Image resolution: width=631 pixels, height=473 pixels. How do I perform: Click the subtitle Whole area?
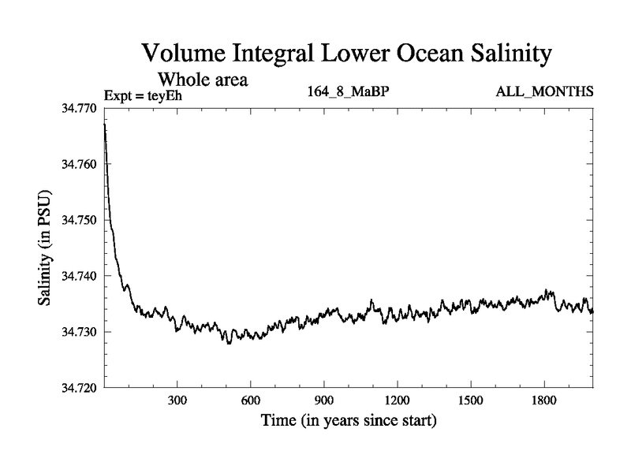point(204,79)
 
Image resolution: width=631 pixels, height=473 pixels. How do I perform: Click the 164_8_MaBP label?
point(348,92)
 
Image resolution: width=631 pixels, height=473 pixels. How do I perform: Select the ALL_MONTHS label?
point(544,92)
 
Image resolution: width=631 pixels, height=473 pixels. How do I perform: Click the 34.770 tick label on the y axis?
point(80,108)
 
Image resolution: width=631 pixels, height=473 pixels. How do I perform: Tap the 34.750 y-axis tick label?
point(80,220)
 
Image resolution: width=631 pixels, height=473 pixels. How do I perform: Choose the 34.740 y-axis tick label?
point(80,276)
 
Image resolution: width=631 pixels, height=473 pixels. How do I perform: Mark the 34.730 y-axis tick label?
point(80,332)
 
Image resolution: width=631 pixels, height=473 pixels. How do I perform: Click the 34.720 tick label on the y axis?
point(80,388)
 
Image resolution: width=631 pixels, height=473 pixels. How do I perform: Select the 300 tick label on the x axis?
point(177,401)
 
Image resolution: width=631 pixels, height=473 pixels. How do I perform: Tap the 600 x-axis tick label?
point(251,401)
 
